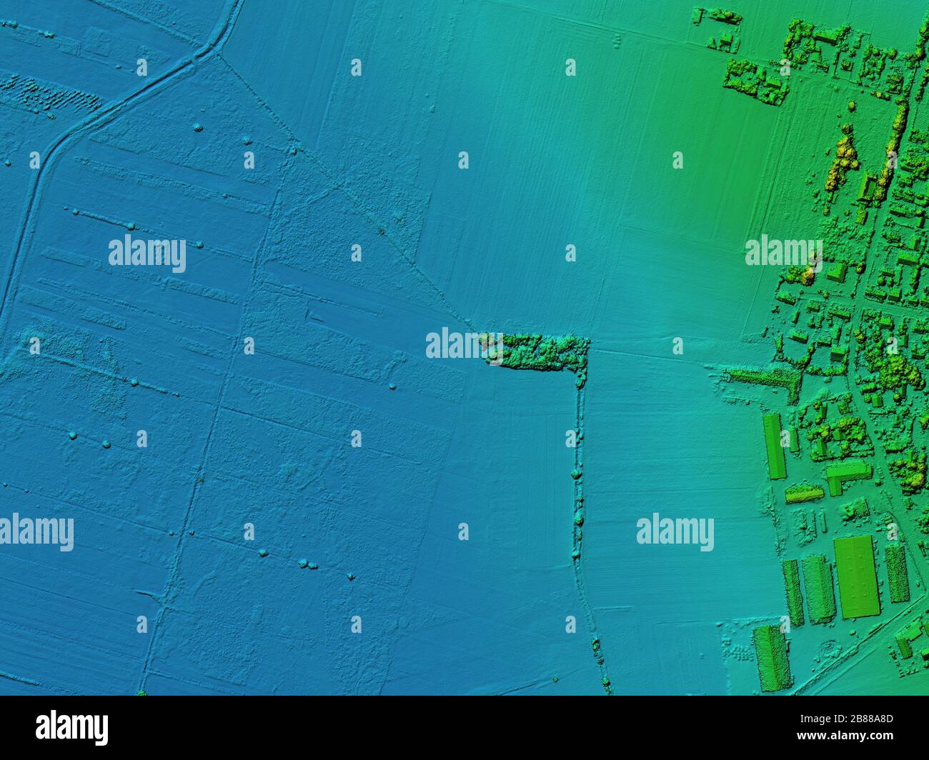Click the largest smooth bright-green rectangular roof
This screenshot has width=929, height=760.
[855, 576]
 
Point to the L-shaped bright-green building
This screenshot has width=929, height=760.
[847, 474]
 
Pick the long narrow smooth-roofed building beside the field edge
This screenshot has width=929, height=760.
[773, 446]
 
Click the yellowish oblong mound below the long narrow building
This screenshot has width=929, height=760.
[805, 494]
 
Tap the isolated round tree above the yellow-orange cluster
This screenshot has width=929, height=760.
[851, 106]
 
